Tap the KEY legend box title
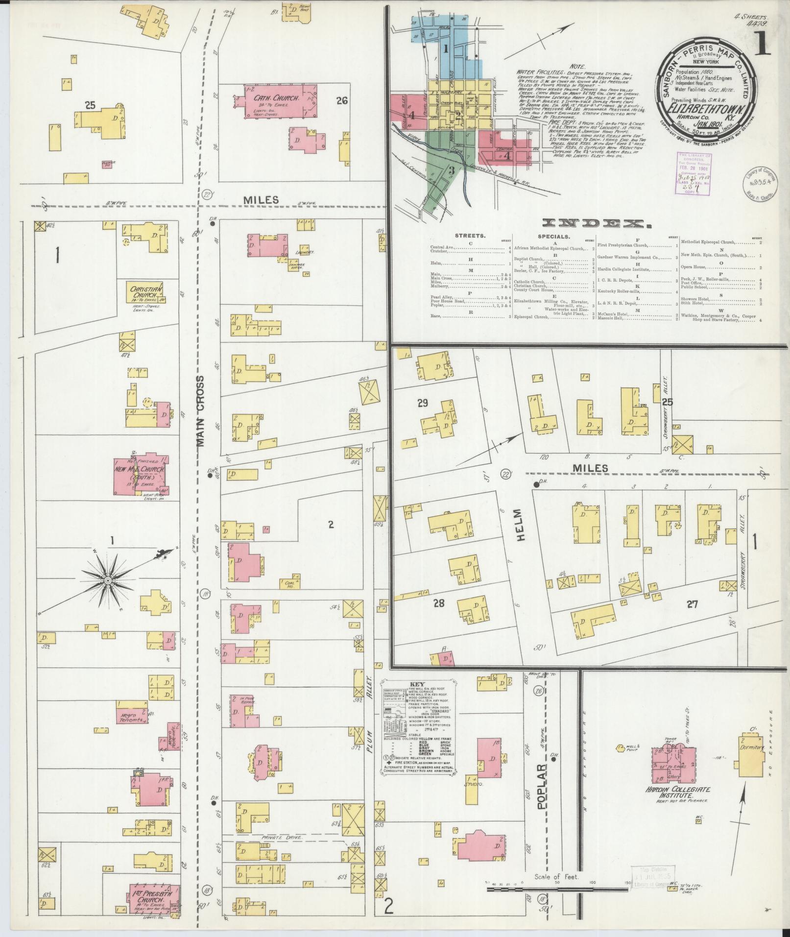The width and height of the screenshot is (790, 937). point(419,685)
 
